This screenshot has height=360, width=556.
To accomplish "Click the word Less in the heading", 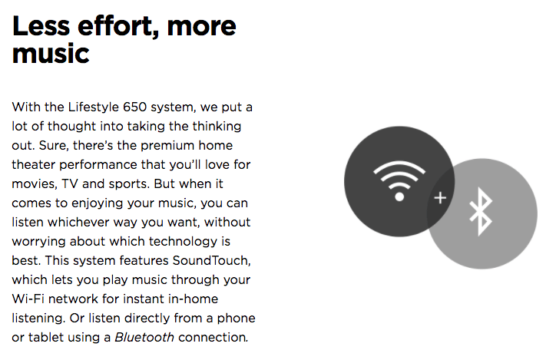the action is (x=41, y=26).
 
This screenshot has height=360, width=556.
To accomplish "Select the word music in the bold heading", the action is (x=51, y=54).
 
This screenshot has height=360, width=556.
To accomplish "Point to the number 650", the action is (x=134, y=107).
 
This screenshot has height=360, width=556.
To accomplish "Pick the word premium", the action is (x=167, y=146).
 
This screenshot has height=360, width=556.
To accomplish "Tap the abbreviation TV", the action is (x=69, y=184).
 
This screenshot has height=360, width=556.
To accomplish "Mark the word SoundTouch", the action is (x=211, y=260).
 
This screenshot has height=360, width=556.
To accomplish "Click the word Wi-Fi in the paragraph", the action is (x=28, y=299).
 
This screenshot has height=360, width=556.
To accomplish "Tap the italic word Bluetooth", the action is (x=144, y=337).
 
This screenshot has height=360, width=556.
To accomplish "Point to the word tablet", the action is (x=44, y=337).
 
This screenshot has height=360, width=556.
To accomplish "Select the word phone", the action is (x=236, y=319).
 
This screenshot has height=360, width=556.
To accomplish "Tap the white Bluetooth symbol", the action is (x=481, y=212).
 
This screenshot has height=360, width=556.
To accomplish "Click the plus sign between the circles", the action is (x=440, y=198).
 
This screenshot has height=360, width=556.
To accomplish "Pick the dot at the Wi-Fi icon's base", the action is (x=399, y=197).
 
